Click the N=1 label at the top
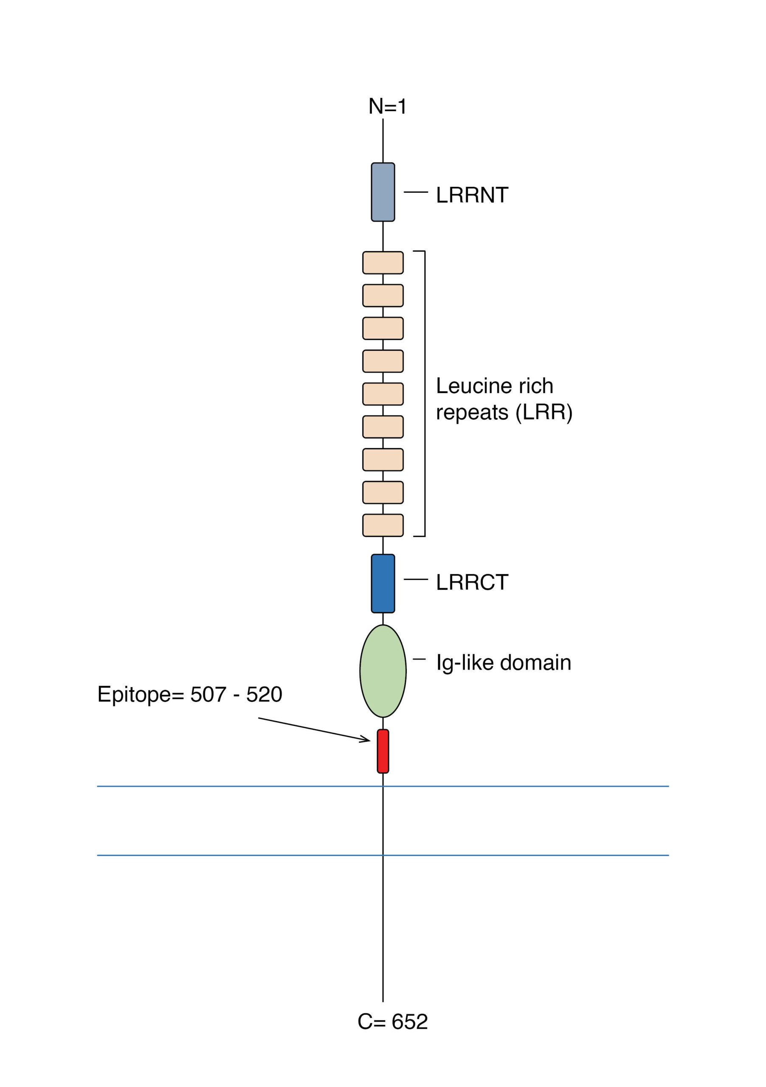point(387,107)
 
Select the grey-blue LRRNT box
point(383,192)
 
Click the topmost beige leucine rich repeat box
point(383,263)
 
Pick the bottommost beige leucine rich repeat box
point(383,525)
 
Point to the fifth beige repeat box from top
point(383,394)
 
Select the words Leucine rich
point(494,386)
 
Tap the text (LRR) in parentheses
point(544,412)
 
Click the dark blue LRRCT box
point(383,583)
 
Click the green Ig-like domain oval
point(383,671)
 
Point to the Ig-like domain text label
point(503,663)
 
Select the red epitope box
point(383,751)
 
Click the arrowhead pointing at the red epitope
point(366,740)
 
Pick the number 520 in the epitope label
point(264,695)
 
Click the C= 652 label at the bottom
point(392,1022)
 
